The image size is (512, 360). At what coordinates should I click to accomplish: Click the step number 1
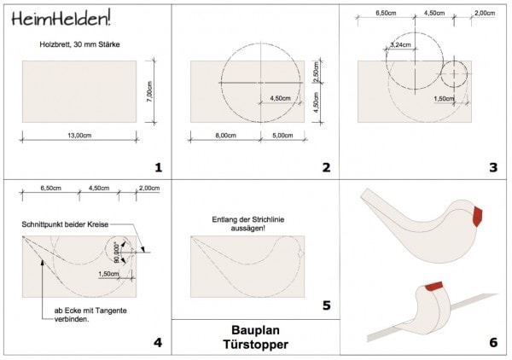158,167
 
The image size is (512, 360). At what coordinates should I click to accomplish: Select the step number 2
326,167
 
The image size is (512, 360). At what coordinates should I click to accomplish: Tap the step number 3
492,167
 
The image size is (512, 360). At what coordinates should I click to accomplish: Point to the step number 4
158,343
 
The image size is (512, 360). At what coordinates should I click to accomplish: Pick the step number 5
326,305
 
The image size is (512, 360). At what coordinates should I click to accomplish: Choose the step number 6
492,343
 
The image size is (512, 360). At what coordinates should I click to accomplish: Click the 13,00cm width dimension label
79,134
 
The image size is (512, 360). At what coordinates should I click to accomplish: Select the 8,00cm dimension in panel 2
225,134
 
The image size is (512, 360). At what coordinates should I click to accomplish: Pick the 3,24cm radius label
399,44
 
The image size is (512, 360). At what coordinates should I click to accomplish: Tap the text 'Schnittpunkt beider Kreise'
65,224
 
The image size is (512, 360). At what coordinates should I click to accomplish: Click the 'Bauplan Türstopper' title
255,337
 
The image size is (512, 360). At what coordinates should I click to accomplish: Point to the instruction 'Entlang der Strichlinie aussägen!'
254,223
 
